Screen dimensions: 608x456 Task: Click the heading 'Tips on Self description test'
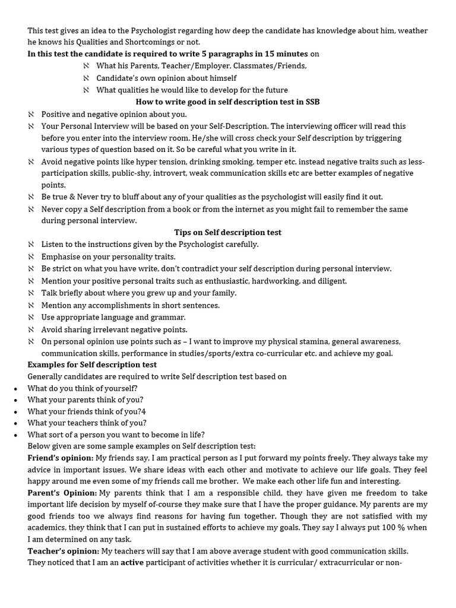click(227, 232)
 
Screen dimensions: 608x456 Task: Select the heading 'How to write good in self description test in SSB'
click(227, 102)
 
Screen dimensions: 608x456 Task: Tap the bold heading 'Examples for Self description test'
click(92, 364)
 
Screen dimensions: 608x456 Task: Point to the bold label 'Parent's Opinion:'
click(62, 493)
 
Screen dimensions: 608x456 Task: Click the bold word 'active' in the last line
click(132, 562)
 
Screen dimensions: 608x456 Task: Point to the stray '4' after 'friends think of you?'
click(144, 411)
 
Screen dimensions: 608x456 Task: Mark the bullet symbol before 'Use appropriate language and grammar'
click(31, 317)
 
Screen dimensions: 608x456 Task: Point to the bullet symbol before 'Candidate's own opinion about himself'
click(86, 78)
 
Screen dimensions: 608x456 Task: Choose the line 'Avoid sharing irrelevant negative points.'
click(114, 329)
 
